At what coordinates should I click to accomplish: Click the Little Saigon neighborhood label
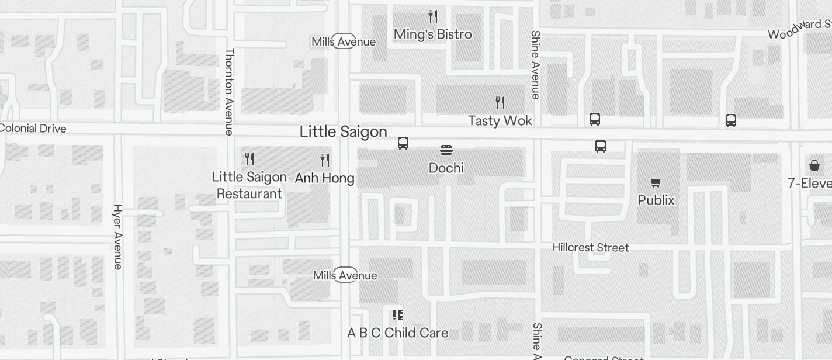[x=343, y=132]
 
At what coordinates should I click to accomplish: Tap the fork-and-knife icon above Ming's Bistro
[x=433, y=16]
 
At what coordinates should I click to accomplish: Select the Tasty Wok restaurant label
[x=500, y=121]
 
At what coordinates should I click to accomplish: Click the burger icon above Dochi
[x=446, y=150]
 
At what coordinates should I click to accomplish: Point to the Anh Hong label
[x=324, y=178]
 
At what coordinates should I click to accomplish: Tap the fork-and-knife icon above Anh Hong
[x=325, y=160]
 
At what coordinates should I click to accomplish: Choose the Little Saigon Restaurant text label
[x=249, y=185]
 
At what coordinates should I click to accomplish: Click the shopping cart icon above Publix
[x=656, y=183]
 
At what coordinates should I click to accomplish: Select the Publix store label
[x=656, y=200]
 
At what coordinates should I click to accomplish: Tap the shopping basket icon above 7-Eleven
[x=814, y=165]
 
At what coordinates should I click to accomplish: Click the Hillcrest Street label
[x=591, y=248]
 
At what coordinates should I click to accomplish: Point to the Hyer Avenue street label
[x=118, y=237]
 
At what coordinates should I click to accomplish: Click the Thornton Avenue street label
[x=229, y=91]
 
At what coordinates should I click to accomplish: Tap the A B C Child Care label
[x=398, y=333]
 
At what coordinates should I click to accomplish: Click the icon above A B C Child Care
[x=398, y=316]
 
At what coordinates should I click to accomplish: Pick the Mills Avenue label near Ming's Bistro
[x=344, y=41]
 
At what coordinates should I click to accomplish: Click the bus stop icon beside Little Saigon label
[x=403, y=143]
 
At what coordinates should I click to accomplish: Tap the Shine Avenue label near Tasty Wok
[x=535, y=64]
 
